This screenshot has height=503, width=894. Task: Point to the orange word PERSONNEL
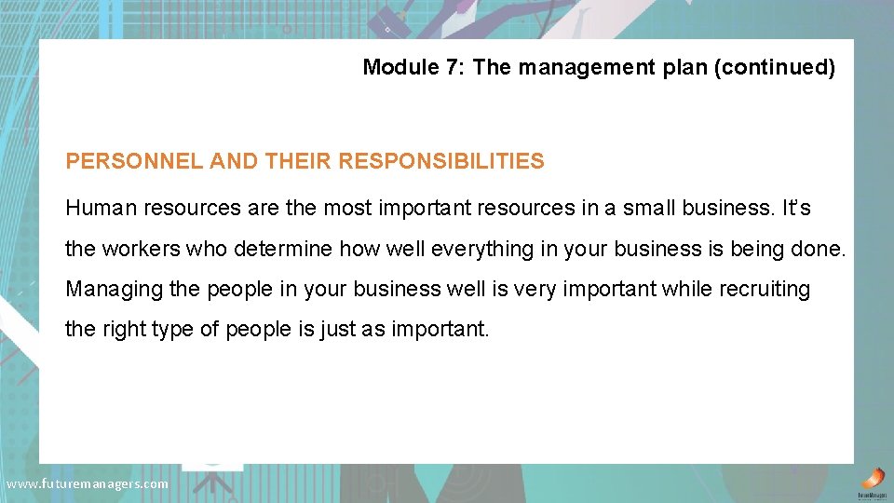click(x=134, y=161)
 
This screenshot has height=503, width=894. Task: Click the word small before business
click(x=649, y=208)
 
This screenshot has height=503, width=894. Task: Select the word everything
click(x=448, y=249)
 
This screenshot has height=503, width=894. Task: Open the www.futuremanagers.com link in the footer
click(x=88, y=483)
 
